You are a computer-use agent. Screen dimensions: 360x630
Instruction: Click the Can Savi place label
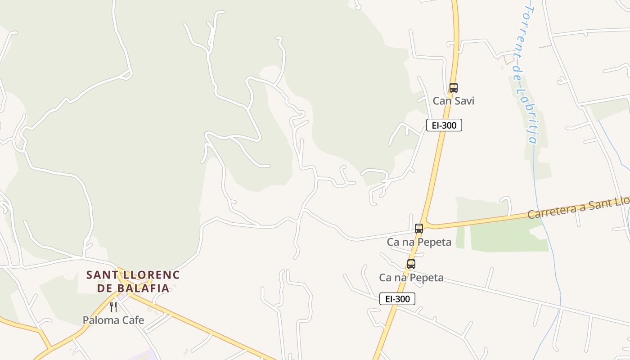(453, 101)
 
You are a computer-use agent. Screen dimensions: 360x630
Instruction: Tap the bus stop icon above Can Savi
(453, 88)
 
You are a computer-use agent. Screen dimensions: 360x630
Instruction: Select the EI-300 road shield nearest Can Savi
(444, 125)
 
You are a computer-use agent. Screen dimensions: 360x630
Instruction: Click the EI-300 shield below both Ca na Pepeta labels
(397, 299)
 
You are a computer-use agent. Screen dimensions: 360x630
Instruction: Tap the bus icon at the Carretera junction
(419, 229)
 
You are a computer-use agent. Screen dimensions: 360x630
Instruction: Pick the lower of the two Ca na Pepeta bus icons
(411, 264)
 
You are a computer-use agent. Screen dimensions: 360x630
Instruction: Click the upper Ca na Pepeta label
(419, 242)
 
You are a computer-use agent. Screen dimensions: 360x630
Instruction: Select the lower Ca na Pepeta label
(411, 278)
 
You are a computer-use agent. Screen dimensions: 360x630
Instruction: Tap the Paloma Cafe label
(113, 320)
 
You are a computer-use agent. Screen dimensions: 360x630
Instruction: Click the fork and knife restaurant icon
(113, 307)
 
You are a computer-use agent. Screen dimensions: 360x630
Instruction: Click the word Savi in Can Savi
(464, 101)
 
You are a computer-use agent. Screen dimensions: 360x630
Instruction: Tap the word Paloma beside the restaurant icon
(100, 320)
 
